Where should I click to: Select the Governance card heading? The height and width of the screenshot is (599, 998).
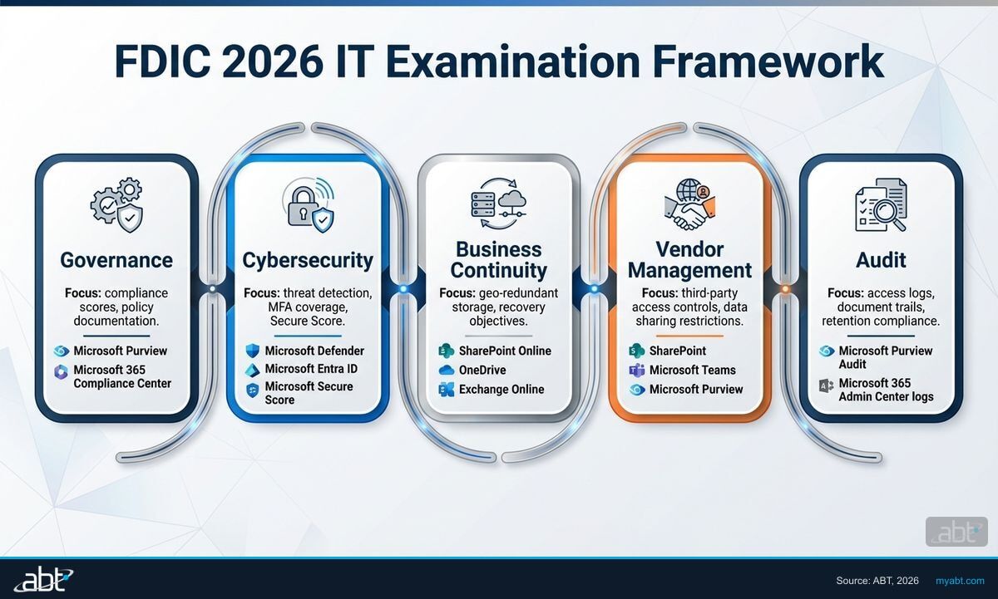116,260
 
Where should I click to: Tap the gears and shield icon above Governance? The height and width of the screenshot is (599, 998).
116,204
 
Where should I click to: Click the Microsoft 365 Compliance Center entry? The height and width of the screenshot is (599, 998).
121,376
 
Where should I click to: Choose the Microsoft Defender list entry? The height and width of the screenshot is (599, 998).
314,351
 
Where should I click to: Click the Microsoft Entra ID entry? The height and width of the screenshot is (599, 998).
310,369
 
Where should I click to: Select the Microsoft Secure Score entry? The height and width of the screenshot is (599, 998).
309,393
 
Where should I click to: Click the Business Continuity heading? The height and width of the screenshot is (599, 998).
499,260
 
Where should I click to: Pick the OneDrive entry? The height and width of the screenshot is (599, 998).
482,370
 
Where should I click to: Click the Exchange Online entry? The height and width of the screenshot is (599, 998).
501,389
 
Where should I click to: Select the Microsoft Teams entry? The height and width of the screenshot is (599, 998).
692,370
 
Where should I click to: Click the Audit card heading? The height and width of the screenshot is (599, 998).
881,260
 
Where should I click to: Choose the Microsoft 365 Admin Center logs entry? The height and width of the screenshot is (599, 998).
886,390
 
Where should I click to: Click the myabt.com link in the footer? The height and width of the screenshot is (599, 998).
960,580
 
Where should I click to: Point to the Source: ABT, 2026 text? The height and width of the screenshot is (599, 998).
877,580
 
